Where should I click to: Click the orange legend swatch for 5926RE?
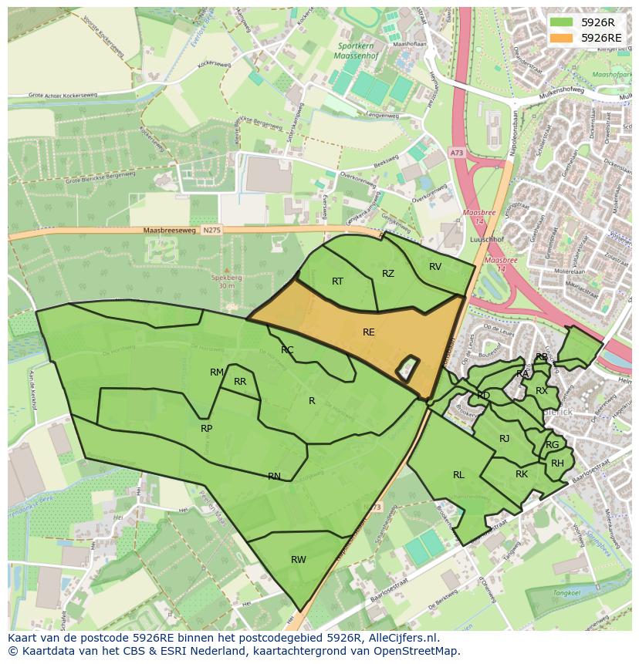[562, 38]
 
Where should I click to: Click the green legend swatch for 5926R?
[562, 22]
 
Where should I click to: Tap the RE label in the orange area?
[369, 332]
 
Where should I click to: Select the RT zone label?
[337, 281]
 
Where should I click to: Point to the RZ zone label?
[388, 274]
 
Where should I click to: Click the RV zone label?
[435, 267]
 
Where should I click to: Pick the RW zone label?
[299, 560]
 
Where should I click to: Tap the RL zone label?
[458, 475]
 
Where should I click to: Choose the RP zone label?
[206, 429]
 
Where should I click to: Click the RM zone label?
[217, 372]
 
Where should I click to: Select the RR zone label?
[240, 382]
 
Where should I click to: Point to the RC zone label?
[287, 350]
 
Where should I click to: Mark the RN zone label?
[274, 477]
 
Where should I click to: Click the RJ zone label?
[505, 439]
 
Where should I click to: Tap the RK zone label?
[522, 474]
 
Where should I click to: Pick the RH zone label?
[557, 463]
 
